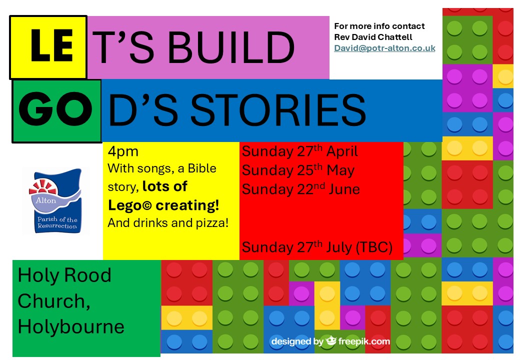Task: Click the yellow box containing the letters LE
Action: tap(48, 47)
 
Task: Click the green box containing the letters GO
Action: tap(56, 111)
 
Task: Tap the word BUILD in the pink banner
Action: tap(231, 47)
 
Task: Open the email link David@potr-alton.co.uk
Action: tap(384, 48)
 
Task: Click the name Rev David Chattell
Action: tap(373, 37)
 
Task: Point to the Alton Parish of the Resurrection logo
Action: tap(55, 201)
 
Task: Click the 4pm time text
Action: tap(123, 151)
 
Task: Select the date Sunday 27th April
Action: tap(300, 151)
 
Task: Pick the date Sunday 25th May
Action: tap(298, 170)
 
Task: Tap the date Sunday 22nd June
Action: tap(301, 189)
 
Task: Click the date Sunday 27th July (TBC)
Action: tap(317, 247)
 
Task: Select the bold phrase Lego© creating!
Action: tap(163, 205)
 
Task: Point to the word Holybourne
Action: tap(71, 326)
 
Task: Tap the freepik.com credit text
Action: tap(364, 341)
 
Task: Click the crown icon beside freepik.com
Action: tap(331, 340)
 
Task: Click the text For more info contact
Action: tap(379, 26)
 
